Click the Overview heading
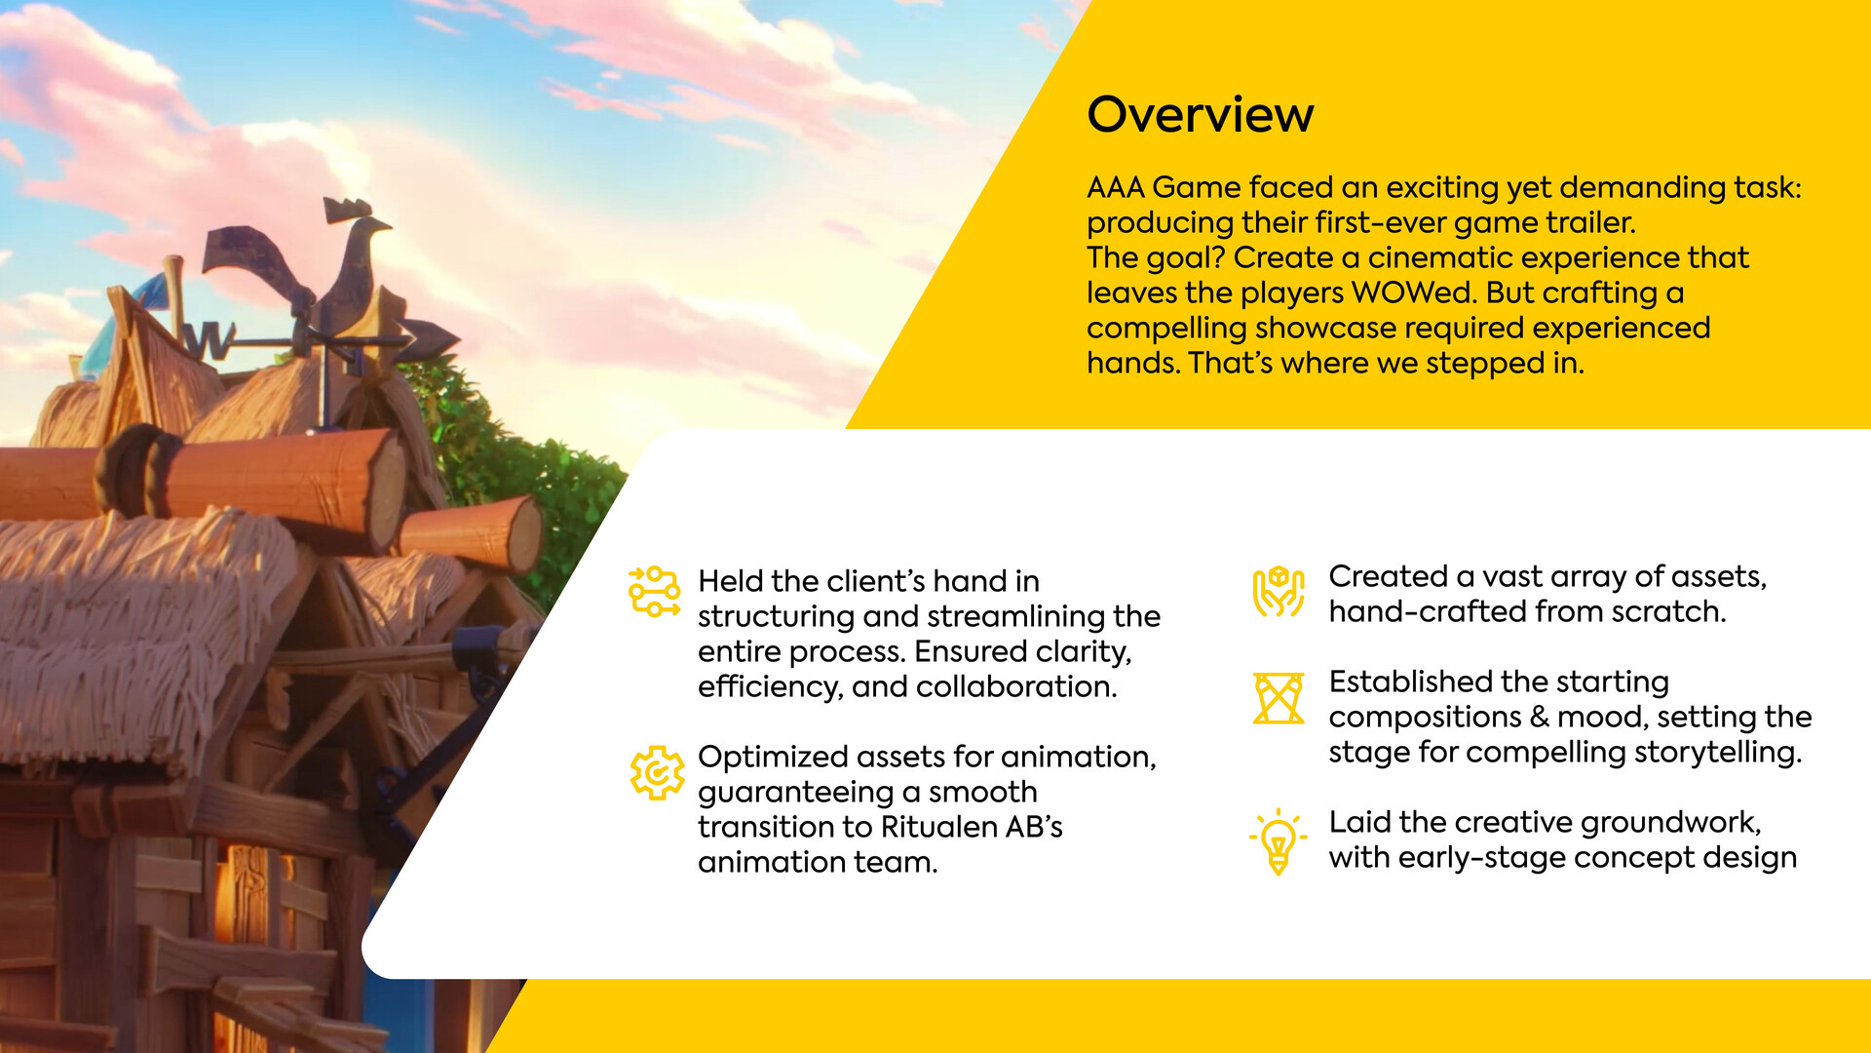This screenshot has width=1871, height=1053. tap(1200, 114)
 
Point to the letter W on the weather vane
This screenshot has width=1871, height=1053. tap(209, 340)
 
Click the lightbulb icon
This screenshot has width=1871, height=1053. tap(1278, 841)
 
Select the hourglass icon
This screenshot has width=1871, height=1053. tap(1278, 698)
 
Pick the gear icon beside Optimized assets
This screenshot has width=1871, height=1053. tap(657, 773)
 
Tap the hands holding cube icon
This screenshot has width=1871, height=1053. tap(1278, 592)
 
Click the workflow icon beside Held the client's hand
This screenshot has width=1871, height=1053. tap(655, 591)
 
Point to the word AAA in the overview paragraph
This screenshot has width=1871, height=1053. tap(1115, 187)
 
